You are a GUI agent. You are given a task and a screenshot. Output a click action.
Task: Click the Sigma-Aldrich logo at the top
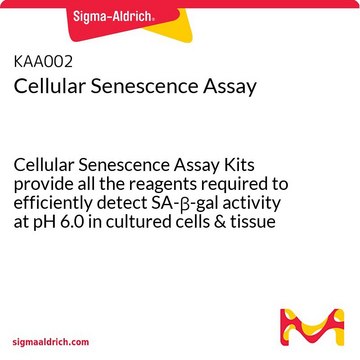pyautogui.click(x=180, y=17)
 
